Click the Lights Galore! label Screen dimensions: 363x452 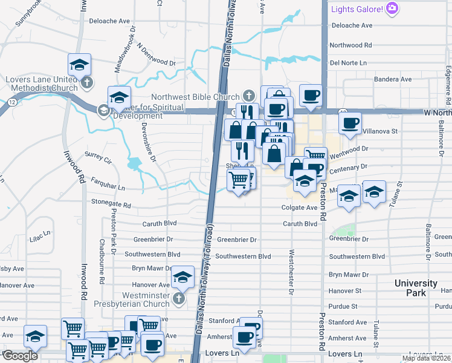click(x=357, y=8)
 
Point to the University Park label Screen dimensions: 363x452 click(x=416, y=288)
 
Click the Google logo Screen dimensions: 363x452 click(x=20, y=356)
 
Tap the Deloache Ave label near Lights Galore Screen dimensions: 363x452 click(x=350, y=25)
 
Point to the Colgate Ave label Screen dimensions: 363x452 click(x=299, y=208)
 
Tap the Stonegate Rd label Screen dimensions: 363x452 click(x=111, y=204)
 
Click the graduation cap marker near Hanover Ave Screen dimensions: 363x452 click(x=182, y=277)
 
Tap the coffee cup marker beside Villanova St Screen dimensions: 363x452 click(x=350, y=123)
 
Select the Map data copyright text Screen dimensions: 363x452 click(x=426, y=358)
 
